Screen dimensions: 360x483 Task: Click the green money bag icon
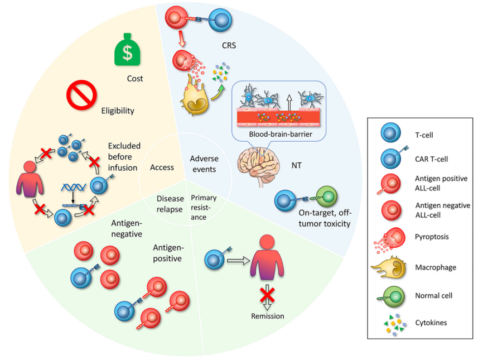tap(128, 50)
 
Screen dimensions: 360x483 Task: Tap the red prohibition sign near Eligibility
tap(82, 95)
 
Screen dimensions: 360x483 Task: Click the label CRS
tap(229, 46)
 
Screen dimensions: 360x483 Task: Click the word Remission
tap(267, 316)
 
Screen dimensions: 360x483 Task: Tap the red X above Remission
tap(267, 295)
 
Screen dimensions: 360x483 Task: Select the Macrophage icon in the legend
tap(389, 267)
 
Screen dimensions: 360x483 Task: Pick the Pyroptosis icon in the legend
tap(389, 238)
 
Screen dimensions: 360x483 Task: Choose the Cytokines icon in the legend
tap(389, 323)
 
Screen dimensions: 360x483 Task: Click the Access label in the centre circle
tap(162, 167)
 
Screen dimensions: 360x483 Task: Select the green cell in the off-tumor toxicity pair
tap(326, 197)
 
